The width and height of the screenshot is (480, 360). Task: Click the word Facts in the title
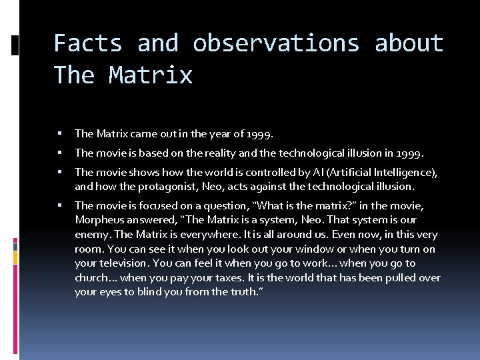point(88,43)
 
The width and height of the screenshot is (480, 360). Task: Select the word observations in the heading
point(276,43)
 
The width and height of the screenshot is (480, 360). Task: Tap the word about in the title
point(409,43)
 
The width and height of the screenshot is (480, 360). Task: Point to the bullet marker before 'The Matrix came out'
point(60,133)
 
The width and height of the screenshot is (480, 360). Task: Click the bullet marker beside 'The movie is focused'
point(60,205)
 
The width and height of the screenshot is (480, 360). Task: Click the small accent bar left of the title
point(15,45)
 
